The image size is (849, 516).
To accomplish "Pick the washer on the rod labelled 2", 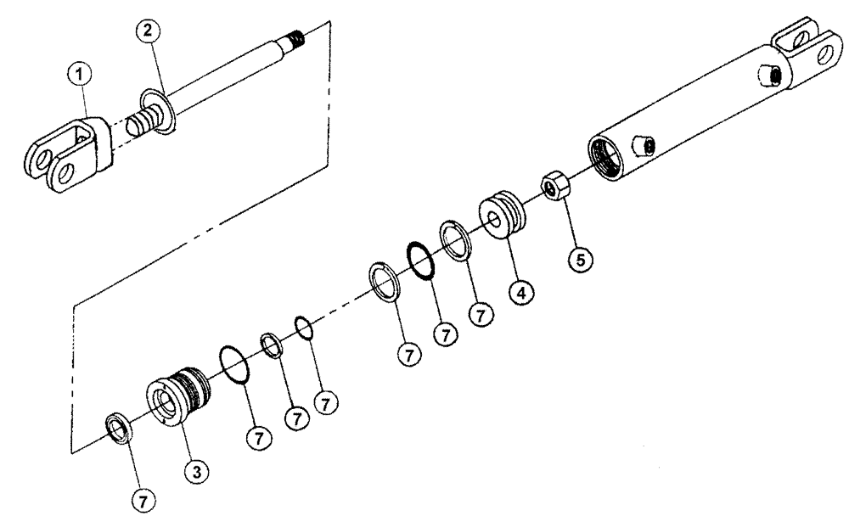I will click(159, 109).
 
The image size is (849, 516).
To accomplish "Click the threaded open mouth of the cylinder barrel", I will click(609, 159).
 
